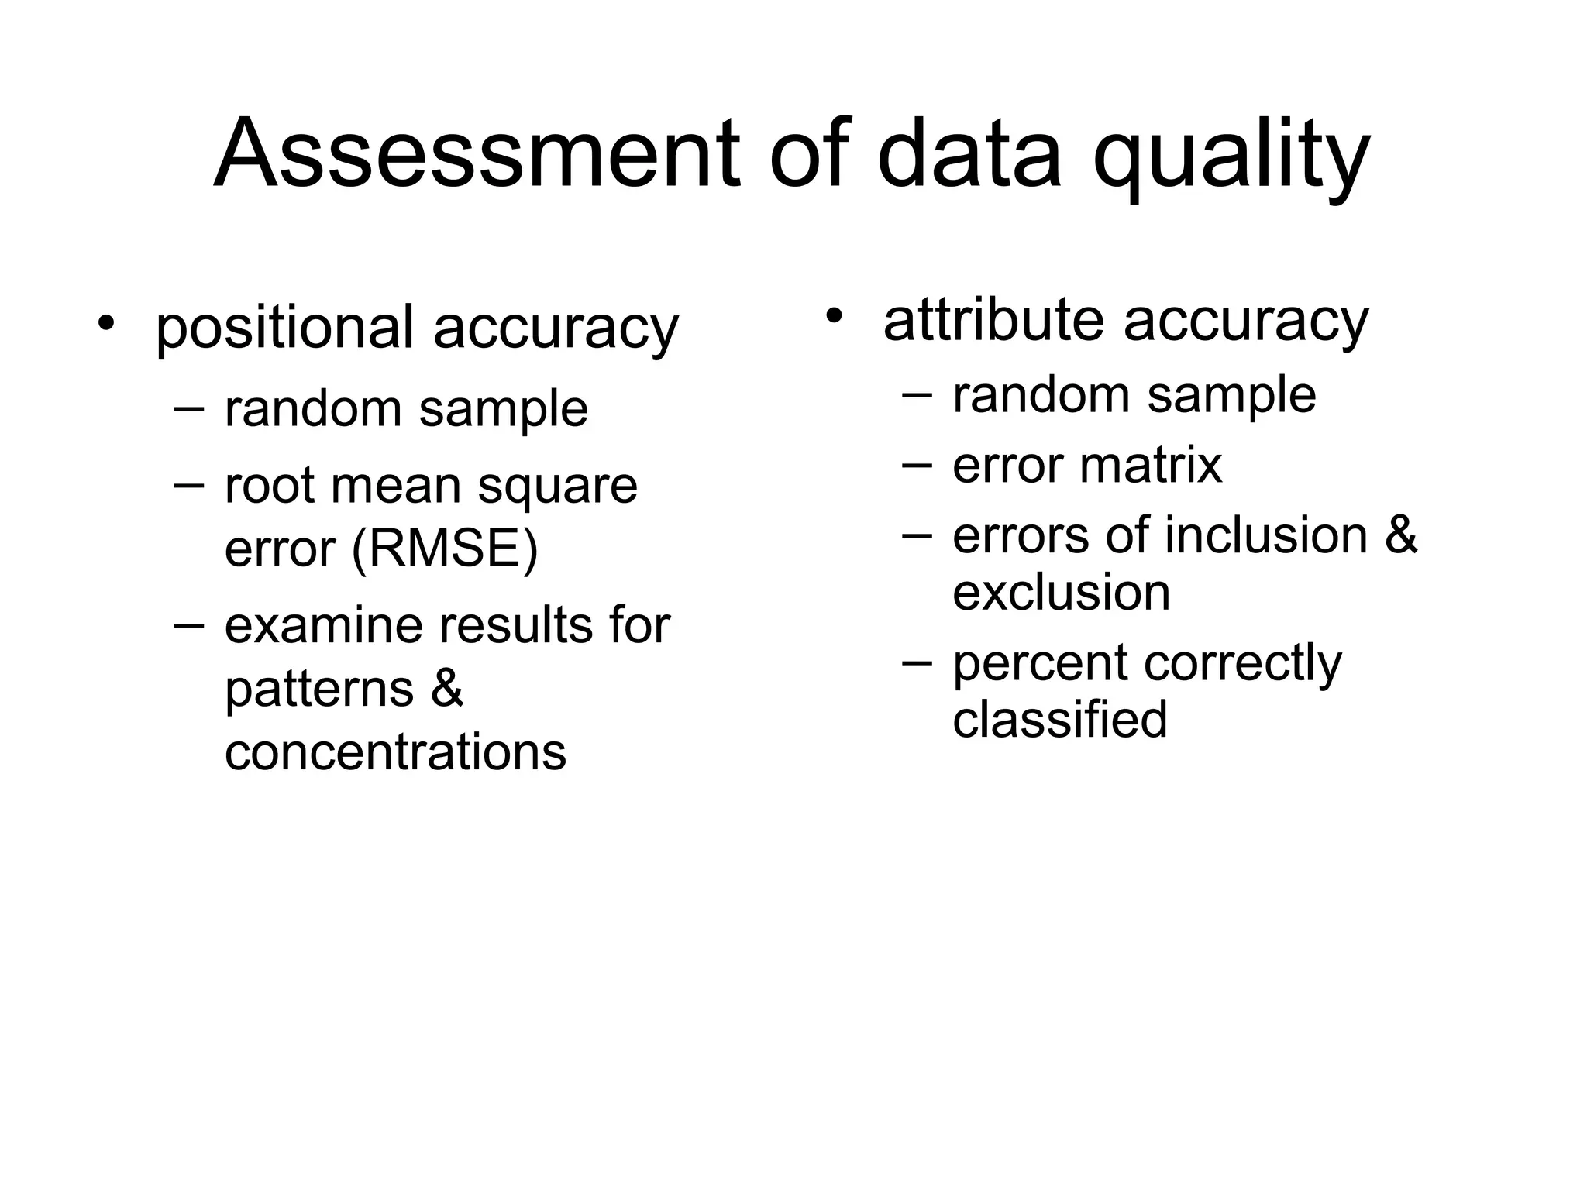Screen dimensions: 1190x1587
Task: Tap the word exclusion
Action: click(1061, 592)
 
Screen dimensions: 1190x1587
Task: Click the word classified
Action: click(1059, 719)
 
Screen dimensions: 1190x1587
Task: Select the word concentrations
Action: click(395, 751)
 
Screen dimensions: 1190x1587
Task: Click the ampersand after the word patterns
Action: click(446, 687)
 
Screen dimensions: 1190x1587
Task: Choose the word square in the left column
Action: click(557, 486)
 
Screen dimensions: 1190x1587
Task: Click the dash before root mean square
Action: click(189, 484)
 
